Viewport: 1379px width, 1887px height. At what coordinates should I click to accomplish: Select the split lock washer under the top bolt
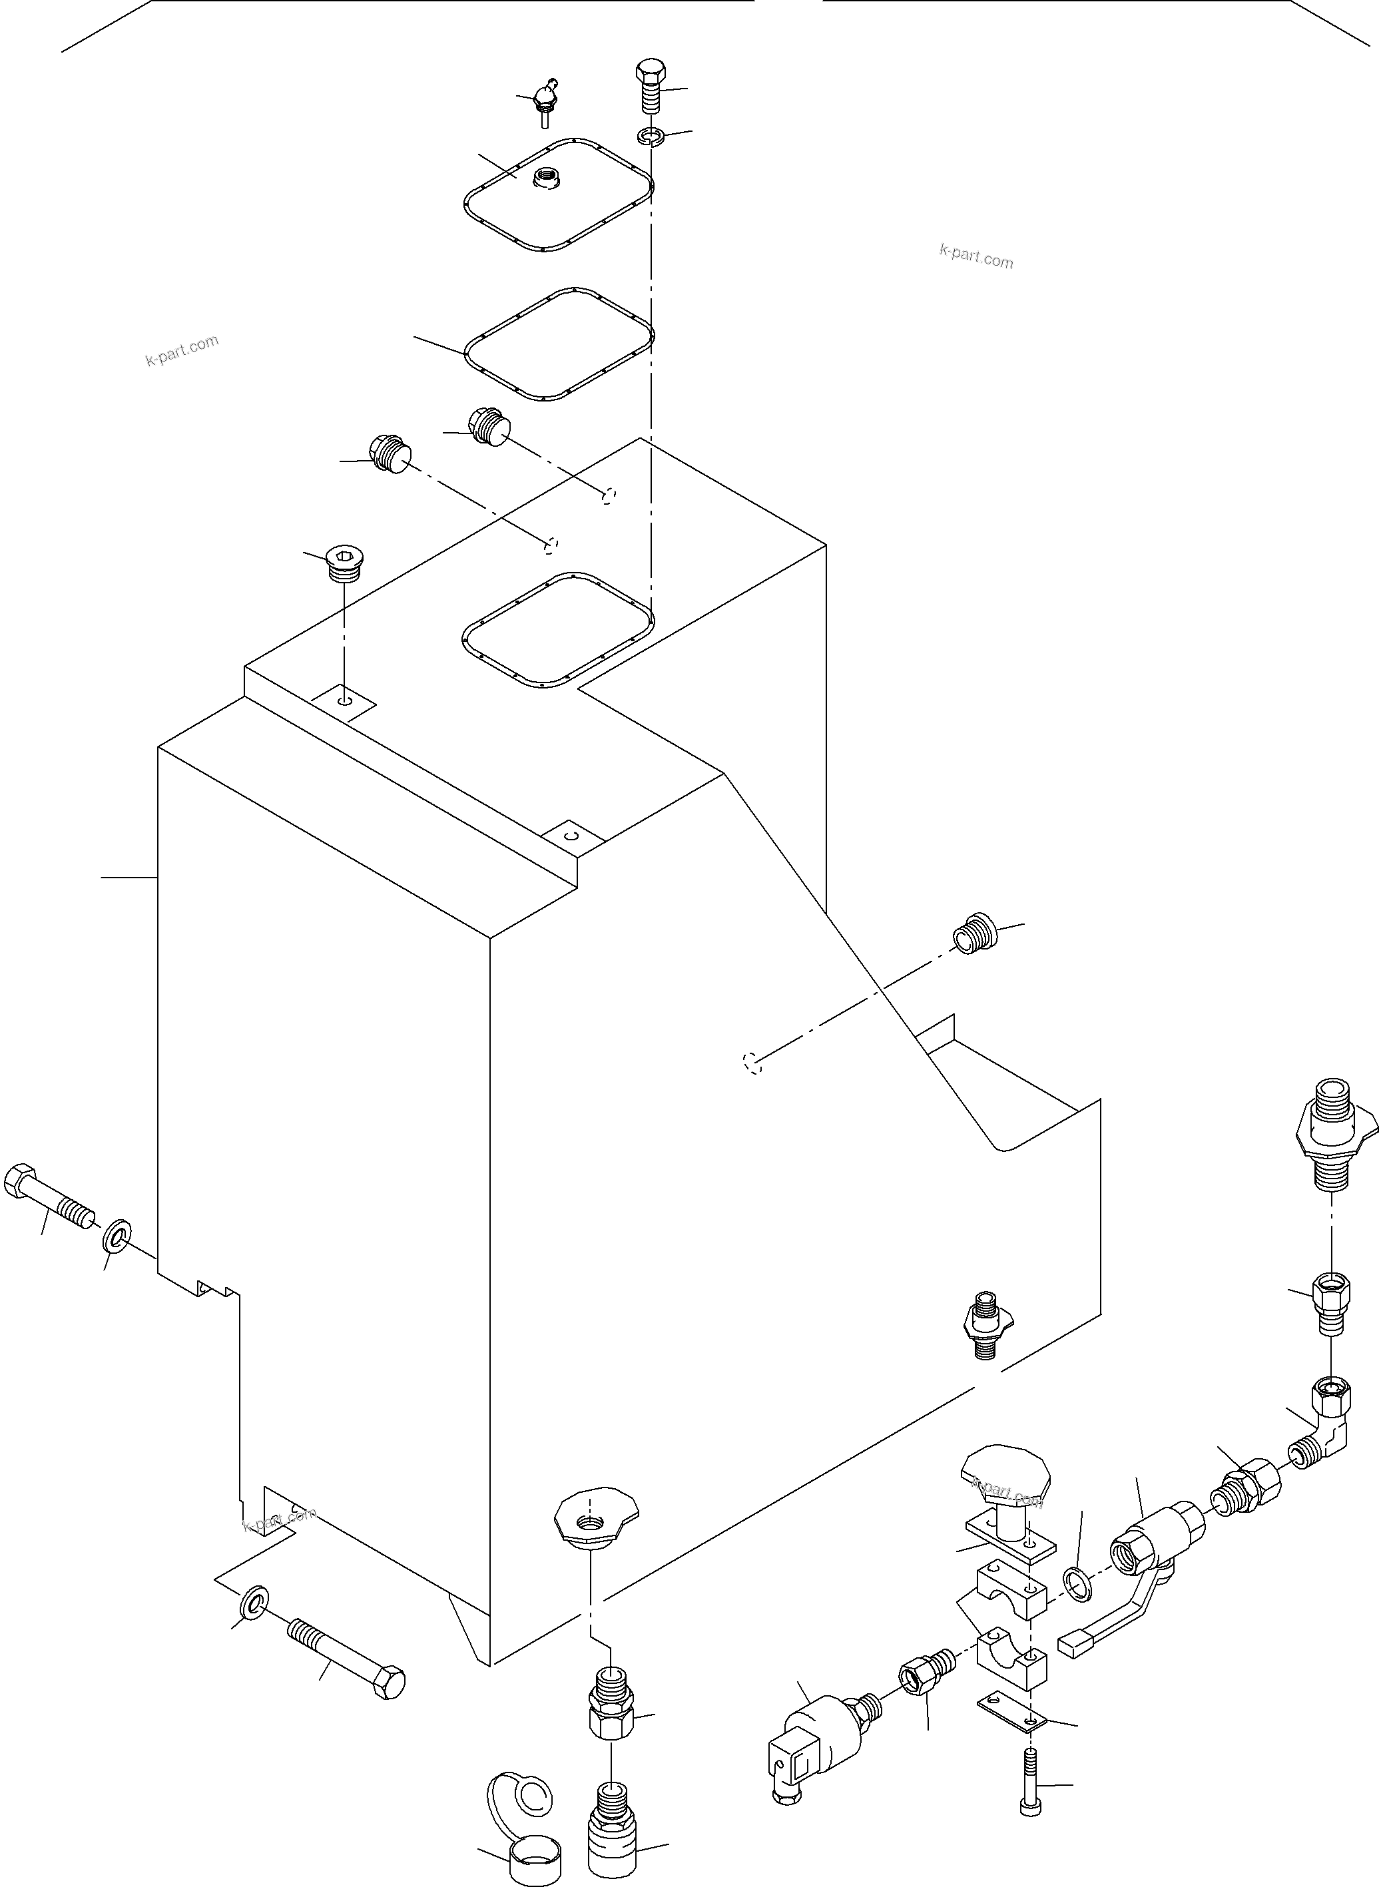pyautogui.click(x=651, y=136)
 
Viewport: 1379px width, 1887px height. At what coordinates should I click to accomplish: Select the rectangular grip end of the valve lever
pyautogui.click(x=1075, y=1643)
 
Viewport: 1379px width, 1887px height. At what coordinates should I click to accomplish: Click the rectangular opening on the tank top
pyautogui.click(x=557, y=629)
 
